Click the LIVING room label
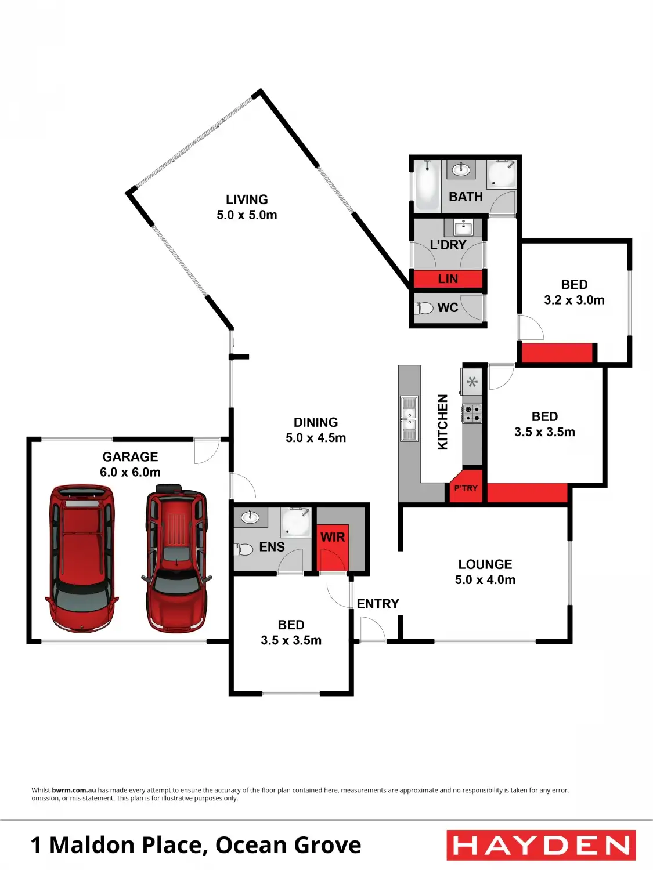[x=247, y=200]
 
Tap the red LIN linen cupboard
[x=448, y=279]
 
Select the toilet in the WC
[x=425, y=307]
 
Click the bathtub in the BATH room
[x=427, y=186]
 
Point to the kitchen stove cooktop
[x=472, y=414]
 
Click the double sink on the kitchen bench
[x=409, y=418]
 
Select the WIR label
[x=333, y=537]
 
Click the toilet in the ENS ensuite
[x=244, y=549]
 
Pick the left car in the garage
[x=81, y=558]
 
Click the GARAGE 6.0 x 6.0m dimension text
[x=130, y=472]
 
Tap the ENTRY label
[x=378, y=604]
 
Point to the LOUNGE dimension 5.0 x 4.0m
[x=485, y=579]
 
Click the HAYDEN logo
[x=541, y=845]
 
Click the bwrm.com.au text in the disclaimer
[x=74, y=790]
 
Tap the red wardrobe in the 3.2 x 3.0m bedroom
[x=557, y=353]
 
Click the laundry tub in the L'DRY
[x=463, y=226]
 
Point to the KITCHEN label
[x=442, y=422]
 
